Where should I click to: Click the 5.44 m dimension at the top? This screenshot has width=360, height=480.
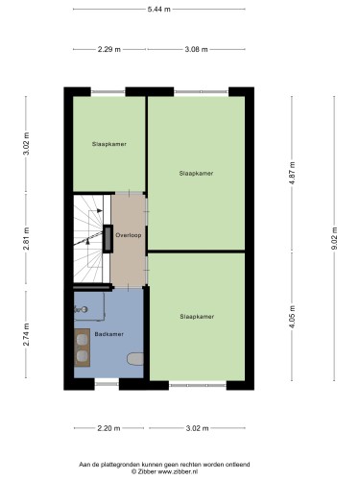pos(159,10)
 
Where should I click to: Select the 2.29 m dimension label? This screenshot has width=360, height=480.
pos(109,49)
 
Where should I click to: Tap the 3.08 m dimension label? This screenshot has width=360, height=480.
pos(196,49)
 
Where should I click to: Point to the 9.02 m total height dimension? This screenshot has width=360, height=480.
pos(334,238)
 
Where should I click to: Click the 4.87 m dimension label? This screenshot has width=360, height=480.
pos(292,174)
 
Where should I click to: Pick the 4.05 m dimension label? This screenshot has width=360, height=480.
pos(292,317)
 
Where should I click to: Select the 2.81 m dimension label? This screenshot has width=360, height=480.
pos(26,238)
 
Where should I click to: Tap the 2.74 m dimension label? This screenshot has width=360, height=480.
pos(26,334)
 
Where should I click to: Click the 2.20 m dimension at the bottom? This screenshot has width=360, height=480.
pos(108,428)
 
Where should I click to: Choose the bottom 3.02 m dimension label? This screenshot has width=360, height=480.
pos(197,428)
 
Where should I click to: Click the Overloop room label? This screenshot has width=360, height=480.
pos(129,235)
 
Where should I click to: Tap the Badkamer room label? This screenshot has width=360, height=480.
pos(108,334)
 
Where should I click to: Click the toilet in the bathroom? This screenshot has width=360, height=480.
pos(135,359)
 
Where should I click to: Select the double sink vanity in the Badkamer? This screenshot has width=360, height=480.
pos(82,348)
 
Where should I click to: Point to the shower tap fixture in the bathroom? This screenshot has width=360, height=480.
pos(81,309)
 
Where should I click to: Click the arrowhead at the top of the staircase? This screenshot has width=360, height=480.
pos(100,210)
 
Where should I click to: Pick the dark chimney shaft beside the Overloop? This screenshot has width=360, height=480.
pos(108,239)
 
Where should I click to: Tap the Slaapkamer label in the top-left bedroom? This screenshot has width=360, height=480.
pos(109,144)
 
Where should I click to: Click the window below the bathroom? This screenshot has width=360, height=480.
pos(107,383)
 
